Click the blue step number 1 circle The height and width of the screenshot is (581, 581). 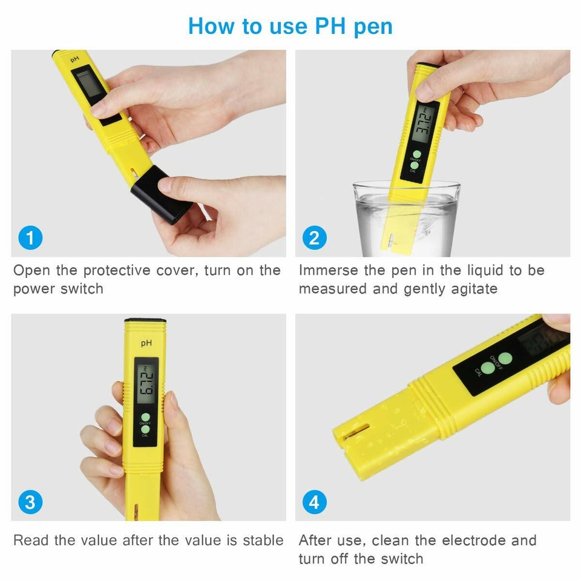30,238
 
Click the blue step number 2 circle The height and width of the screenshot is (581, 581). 313,238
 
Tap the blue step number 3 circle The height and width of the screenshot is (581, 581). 30,502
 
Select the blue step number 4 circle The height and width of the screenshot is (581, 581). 313,502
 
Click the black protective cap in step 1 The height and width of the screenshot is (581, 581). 161,194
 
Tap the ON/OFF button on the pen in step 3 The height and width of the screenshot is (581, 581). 145,418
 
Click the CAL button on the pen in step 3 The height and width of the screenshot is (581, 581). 145,430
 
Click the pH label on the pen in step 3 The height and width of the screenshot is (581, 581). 146,343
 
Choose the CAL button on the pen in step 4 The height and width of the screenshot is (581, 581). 488,369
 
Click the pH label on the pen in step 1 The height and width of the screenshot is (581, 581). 75,60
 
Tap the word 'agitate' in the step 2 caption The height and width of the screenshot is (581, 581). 472,289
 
